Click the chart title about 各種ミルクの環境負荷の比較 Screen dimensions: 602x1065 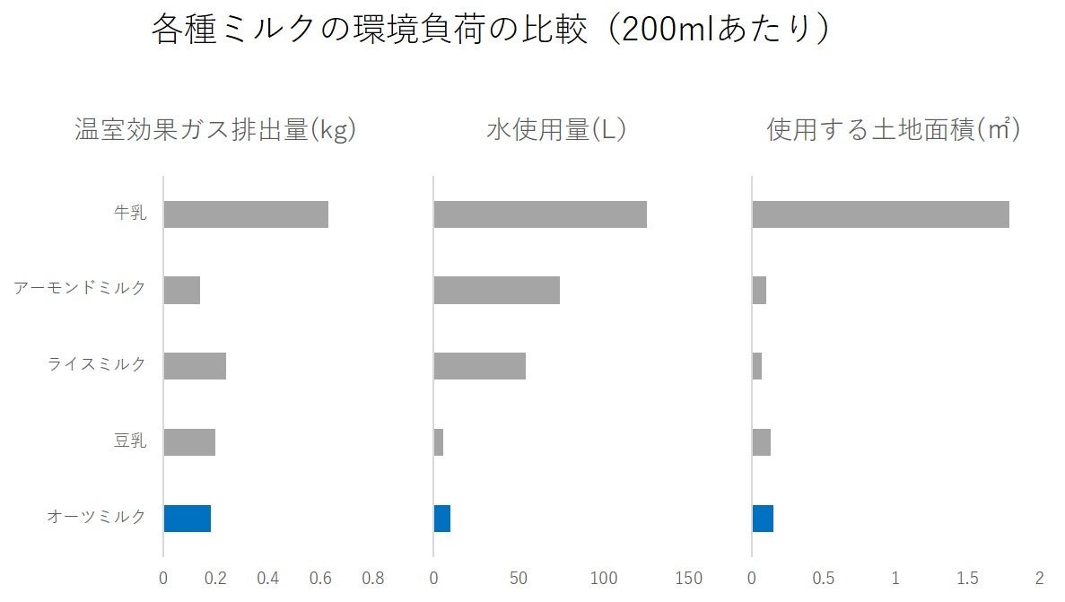tap(489, 30)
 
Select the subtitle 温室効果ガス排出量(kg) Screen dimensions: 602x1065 tap(215, 131)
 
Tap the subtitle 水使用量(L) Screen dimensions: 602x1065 tap(555, 131)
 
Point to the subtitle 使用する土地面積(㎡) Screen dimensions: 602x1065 tap(894, 131)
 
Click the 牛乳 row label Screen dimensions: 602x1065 tap(131, 214)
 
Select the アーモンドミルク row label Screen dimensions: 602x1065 tap(79, 289)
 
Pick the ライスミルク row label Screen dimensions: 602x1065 tap(96, 365)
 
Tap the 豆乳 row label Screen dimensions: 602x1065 tap(131, 441)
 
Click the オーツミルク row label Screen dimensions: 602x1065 tap(96, 517)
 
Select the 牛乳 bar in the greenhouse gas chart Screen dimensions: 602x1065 tap(246, 214)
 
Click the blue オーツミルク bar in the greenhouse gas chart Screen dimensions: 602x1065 tap(187, 518)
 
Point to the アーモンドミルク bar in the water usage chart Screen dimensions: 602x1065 tap(496, 290)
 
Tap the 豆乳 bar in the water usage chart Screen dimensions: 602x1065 tap(439, 441)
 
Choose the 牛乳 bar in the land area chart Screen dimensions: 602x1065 tap(880, 214)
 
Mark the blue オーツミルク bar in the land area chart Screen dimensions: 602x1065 tap(763, 518)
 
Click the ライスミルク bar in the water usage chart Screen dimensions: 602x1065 tap(479, 366)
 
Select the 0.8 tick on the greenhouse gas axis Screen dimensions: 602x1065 tap(372, 579)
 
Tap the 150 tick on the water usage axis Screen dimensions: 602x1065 tap(689, 579)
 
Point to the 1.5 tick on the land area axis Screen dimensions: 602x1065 tap(967, 579)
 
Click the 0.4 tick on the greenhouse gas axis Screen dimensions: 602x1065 tap(267, 579)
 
